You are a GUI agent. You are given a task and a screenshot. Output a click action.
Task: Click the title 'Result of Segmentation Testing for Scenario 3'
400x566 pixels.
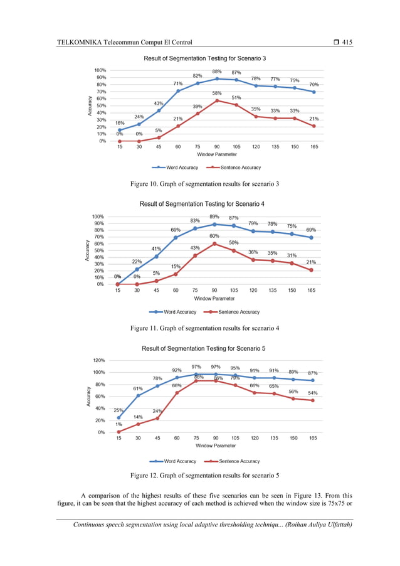[205, 58]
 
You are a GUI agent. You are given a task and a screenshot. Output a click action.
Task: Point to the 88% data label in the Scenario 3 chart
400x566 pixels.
[217, 72]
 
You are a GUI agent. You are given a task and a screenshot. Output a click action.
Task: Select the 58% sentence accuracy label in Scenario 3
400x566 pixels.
[217, 93]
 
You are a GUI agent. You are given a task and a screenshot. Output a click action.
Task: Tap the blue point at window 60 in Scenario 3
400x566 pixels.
[178, 91]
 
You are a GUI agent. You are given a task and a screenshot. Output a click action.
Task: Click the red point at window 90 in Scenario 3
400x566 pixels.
[217, 100]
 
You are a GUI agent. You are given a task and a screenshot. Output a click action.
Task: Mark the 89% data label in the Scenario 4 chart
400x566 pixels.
[214, 216]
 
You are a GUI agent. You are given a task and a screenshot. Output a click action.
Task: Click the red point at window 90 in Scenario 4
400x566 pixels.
[214, 243]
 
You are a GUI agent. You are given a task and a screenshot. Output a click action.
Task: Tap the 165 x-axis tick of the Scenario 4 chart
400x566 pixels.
[312, 291]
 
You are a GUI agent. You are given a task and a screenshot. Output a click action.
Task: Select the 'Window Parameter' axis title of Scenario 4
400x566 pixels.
[214, 299]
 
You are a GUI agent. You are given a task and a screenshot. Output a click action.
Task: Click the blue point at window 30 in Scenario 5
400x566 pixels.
[138, 395]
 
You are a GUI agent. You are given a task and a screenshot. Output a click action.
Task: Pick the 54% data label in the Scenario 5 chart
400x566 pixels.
[312, 393]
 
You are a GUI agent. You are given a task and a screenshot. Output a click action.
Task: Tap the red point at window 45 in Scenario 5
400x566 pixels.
[157, 418]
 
